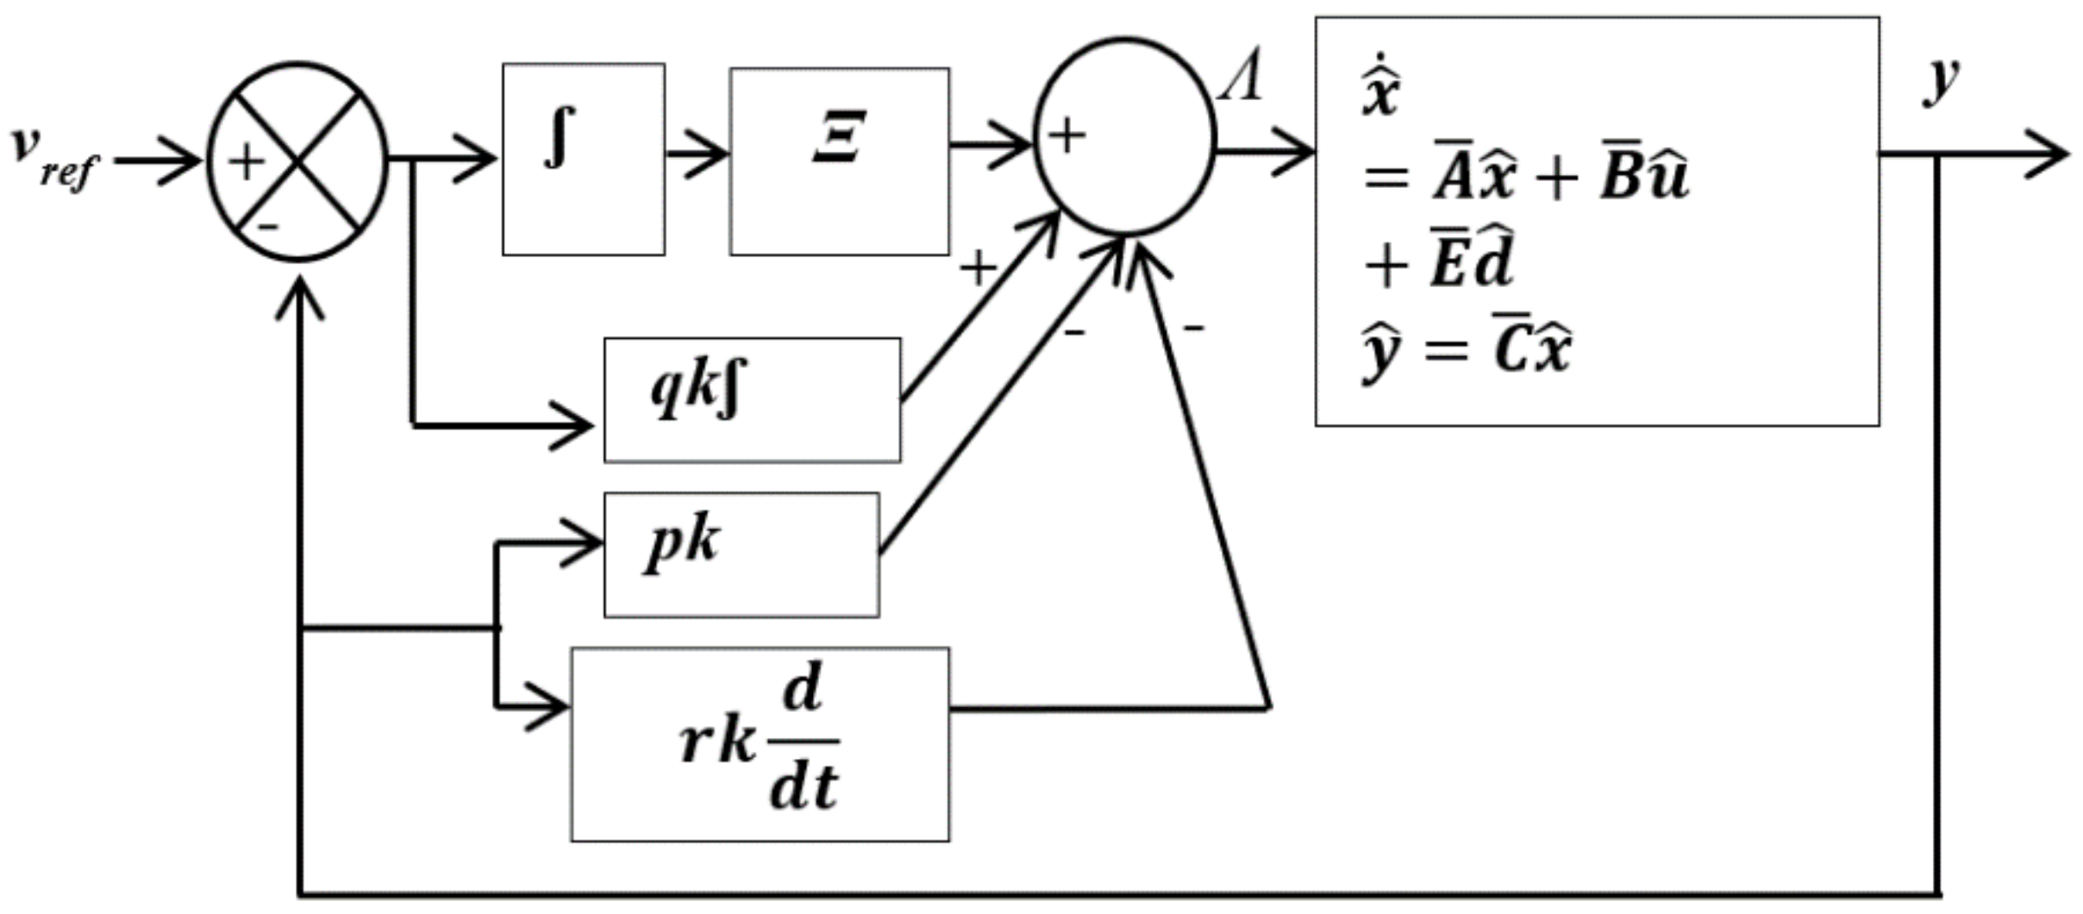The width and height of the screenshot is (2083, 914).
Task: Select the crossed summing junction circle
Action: [x=297, y=161]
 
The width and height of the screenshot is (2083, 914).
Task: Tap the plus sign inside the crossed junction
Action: [x=246, y=161]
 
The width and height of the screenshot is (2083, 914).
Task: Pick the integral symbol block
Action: [x=583, y=159]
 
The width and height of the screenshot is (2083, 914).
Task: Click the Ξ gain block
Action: [x=839, y=161]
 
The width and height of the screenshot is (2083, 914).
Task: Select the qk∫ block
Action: [x=752, y=400]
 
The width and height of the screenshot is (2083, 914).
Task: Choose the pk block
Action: [x=741, y=554]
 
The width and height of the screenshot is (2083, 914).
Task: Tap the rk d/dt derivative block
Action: [x=760, y=744]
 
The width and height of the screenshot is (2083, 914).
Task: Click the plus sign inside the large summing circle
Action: [x=1067, y=136]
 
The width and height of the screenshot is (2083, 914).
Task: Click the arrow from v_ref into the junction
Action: [x=160, y=160]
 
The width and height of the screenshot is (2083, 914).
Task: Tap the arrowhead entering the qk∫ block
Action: [x=573, y=425]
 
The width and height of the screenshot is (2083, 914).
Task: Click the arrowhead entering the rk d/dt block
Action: [x=550, y=707]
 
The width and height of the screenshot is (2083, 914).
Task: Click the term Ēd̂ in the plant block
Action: [x=1471, y=263]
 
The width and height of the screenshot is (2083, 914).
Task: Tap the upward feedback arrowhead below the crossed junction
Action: [x=299, y=297]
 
